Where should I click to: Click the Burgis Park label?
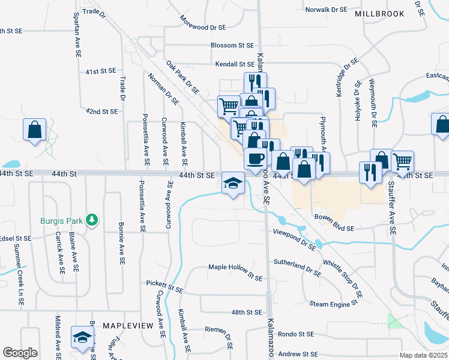[x=62, y=221]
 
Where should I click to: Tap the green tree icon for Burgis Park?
[x=91, y=220]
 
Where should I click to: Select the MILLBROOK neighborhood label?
[x=379, y=13]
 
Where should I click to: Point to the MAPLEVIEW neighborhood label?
[x=127, y=325]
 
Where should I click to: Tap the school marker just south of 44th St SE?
[x=233, y=182]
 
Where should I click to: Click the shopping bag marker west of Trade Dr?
[x=35, y=129]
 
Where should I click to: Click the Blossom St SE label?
[x=232, y=45]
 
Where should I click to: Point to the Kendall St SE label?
[x=235, y=64]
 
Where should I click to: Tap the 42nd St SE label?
[x=101, y=112]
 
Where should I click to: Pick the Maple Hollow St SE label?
[x=235, y=272]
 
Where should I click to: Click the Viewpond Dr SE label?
[x=294, y=239]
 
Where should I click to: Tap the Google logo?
[x=20, y=353]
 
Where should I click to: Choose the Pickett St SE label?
[x=164, y=283]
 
